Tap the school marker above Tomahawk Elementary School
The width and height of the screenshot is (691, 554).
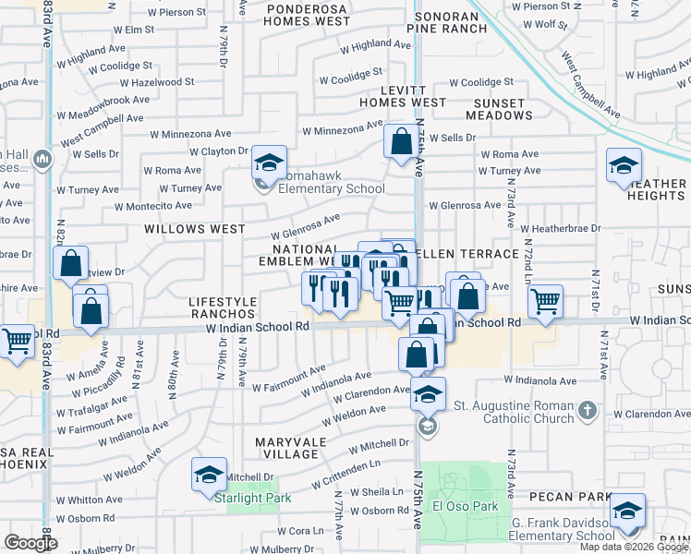point(269,163)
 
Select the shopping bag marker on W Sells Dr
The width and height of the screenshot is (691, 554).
point(401,143)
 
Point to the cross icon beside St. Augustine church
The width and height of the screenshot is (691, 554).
point(586,408)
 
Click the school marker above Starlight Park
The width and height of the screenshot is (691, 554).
point(210,476)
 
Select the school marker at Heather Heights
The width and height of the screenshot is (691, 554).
point(624,167)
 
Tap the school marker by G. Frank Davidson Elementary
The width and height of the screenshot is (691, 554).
point(627,512)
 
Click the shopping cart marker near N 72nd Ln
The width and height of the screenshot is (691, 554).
point(546,300)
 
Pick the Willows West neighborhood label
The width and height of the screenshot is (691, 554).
point(194,228)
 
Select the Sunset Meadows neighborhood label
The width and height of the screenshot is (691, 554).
point(503,109)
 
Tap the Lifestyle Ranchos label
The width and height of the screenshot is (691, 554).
point(222,308)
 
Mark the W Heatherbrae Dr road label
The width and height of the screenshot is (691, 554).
point(560,227)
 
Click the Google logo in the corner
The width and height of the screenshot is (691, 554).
point(30,543)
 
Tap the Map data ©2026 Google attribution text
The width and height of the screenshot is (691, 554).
point(634,547)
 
